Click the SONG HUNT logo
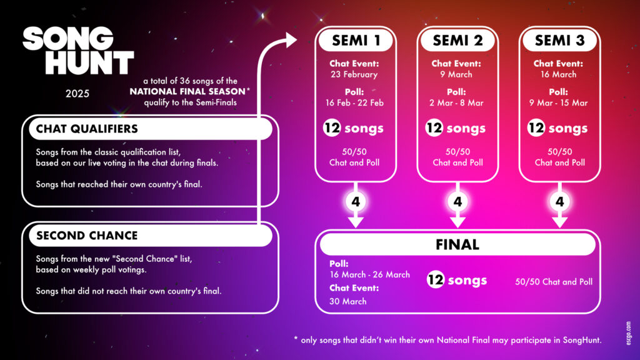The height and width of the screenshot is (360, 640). pos(78,51)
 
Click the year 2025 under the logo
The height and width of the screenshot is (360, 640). pos(77,94)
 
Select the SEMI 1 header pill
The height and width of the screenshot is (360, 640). pos(356,41)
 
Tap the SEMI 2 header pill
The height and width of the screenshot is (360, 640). pos(457,41)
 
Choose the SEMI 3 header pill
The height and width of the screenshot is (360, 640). pos(559,41)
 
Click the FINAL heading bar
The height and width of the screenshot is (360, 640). pos(457,244)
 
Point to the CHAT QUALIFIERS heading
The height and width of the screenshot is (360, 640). pos(87,129)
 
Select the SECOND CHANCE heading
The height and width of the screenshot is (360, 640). pos(87,236)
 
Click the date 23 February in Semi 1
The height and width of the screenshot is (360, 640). pos(354,75)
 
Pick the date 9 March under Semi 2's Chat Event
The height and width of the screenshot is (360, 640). pos(456,75)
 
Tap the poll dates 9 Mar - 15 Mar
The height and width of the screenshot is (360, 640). pos(558,103)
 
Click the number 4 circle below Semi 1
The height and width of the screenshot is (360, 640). pos(356,202)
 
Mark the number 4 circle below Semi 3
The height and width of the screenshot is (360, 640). pos(559,202)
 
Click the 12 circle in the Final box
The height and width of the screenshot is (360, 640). pos(436,280)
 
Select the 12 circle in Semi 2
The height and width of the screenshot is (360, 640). pos(434,127)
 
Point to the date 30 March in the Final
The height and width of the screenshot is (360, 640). pos(347,302)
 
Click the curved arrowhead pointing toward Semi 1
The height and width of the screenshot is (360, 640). pos(291,40)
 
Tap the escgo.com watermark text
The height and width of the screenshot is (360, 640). pos(629,333)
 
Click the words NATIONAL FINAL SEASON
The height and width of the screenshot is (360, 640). pos(187,91)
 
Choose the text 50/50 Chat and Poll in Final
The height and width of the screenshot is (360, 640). pos(554,282)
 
